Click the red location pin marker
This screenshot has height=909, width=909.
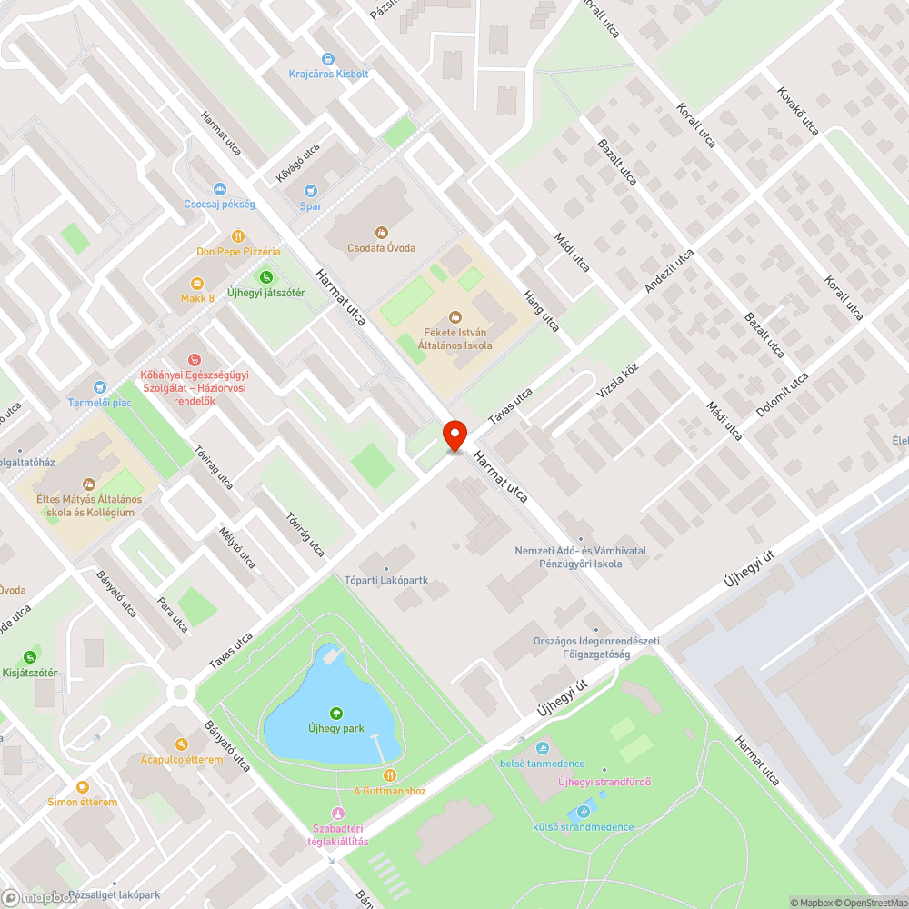(454, 435)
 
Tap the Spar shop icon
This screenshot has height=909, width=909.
(311, 191)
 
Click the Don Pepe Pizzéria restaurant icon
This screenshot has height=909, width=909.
(238, 236)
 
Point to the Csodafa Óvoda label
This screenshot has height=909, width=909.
(382, 248)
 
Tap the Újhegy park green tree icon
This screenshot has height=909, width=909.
(336, 714)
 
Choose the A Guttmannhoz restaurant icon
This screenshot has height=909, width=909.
(389, 775)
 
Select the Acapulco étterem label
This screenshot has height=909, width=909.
(182, 759)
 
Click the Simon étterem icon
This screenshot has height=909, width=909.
(83, 787)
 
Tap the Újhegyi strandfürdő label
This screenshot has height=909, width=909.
(604, 782)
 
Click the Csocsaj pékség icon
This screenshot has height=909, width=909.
(219, 189)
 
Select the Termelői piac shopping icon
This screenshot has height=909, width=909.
(100, 387)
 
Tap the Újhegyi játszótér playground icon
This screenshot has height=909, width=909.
(265, 277)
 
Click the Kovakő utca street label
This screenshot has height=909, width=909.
(798, 110)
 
